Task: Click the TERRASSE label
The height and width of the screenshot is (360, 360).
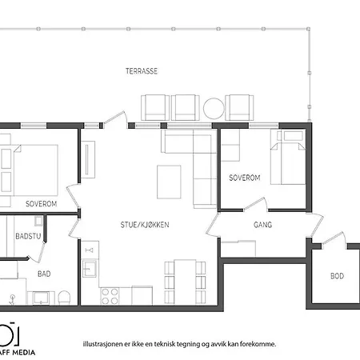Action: pyautogui.click(x=141, y=70)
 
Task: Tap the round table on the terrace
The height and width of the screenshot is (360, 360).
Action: pyautogui.click(x=214, y=107)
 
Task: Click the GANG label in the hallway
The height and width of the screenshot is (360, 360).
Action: pyautogui.click(x=262, y=225)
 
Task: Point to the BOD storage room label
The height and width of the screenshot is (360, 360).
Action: pyautogui.click(x=337, y=276)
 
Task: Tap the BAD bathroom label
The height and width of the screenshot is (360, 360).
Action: pyautogui.click(x=44, y=274)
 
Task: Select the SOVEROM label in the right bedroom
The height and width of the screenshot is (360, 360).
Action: pyautogui.click(x=245, y=177)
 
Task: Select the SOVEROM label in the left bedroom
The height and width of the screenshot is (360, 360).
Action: pyautogui.click(x=41, y=204)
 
